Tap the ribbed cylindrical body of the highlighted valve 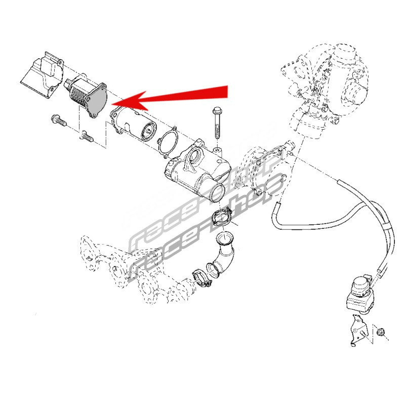pos(78,91)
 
